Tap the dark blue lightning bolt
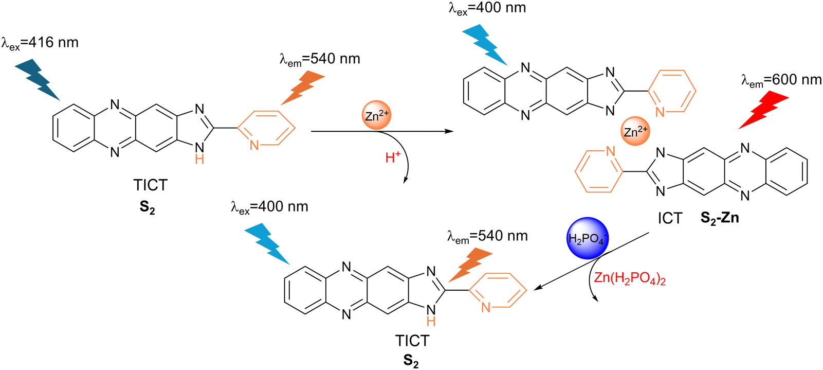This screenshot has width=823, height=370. (37, 79)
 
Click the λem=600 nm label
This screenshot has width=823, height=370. (781, 81)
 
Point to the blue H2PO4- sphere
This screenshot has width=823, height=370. (588, 238)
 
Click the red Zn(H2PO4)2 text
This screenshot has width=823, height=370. (630, 279)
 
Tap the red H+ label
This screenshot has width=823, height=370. (393, 157)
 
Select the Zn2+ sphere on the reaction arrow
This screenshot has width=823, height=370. (376, 115)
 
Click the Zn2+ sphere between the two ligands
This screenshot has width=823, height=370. (635, 131)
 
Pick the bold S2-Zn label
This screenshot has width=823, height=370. (719, 218)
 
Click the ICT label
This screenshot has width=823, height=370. (670, 219)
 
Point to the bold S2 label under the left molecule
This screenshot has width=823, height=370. (148, 207)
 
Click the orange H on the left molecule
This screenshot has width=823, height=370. (199, 159)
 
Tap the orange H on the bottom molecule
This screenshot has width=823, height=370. (431, 322)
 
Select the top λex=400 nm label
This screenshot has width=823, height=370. (487, 9)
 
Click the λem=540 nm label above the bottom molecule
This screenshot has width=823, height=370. (487, 237)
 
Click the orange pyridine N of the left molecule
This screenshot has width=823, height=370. (254, 145)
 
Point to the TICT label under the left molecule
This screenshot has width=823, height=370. (150, 185)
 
